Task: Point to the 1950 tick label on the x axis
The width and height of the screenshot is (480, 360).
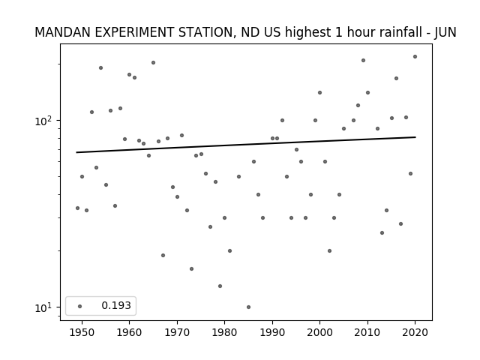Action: [82, 332]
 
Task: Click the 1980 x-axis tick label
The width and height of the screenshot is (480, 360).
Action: [224, 332]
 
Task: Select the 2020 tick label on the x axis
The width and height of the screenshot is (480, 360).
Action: [415, 332]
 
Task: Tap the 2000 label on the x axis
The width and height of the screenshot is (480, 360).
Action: [319, 332]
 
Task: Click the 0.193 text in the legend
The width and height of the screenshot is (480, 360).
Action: [116, 305]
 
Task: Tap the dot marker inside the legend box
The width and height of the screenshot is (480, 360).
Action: [80, 306]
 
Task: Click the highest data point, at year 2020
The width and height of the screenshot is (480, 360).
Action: [415, 57]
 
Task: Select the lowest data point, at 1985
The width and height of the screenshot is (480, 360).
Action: [248, 307]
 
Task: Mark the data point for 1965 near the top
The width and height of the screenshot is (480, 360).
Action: [153, 63]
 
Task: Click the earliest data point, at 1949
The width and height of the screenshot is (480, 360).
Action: [77, 208]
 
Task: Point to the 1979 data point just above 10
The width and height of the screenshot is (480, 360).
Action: [220, 286]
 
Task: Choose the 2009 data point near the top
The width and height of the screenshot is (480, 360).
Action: [363, 60]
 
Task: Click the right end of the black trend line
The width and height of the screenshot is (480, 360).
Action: [415, 137]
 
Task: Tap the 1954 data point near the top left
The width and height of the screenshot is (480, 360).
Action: [100, 68]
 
